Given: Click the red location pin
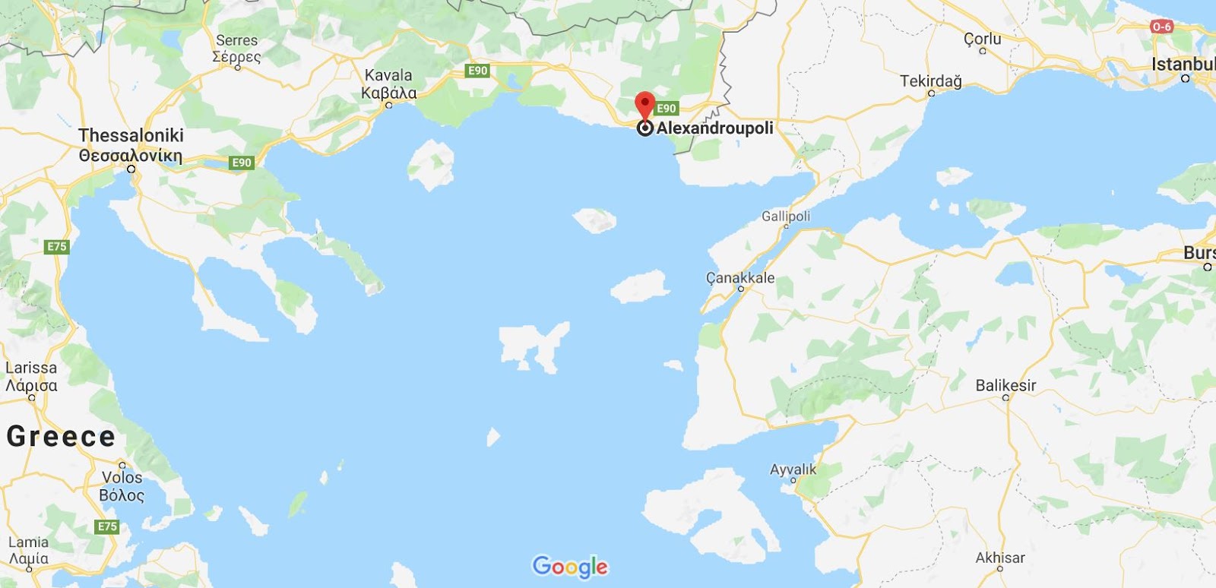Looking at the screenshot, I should [x=644, y=105].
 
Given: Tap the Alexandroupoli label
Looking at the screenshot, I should [x=714, y=128].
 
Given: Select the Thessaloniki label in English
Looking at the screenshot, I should [x=131, y=135].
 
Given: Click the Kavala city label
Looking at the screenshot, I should [x=388, y=75].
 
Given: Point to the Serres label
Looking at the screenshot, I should [x=236, y=40].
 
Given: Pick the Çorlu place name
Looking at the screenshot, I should [x=982, y=39].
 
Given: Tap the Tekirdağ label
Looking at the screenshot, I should [x=930, y=81].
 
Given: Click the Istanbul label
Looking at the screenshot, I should [x=1183, y=64].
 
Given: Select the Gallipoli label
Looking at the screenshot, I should [x=786, y=217].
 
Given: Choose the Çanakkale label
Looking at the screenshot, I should [x=740, y=278].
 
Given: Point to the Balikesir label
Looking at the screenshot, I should [x=1005, y=385].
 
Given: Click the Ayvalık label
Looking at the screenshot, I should [x=793, y=469].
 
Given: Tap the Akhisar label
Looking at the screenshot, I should [x=1000, y=558].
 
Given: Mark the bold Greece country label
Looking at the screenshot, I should [x=61, y=436].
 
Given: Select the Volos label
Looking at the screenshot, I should [x=122, y=477].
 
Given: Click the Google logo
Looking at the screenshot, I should [x=570, y=566].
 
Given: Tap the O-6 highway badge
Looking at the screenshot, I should [x=1161, y=27].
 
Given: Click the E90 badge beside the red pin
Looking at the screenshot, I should [x=666, y=108].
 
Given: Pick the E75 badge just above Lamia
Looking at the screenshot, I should [x=107, y=526].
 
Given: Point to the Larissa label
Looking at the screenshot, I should [x=31, y=368].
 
